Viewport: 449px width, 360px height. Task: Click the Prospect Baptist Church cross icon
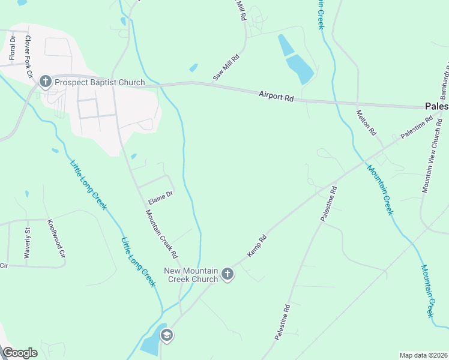click(x=45, y=82)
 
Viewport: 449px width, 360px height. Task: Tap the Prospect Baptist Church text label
click(x=100, y=82)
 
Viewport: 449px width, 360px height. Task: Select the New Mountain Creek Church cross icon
click(x=227, y=274)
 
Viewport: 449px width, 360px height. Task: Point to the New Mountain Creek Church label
click(x=191, y=274)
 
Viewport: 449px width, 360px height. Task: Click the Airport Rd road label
click(x=276, y=95)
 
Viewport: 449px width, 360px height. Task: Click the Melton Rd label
click(x=366, y=122)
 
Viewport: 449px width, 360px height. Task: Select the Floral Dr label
click(x=12, y=47)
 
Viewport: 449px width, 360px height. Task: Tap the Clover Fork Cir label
click(x=28, y=56)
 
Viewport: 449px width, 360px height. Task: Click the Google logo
click(x=20, y=353)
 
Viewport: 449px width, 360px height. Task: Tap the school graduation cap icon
click(x=167, y=335)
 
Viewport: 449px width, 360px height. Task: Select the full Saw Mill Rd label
click(x=226, y=68)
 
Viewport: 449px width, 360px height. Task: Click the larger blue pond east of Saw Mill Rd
click(x=300, y=68)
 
